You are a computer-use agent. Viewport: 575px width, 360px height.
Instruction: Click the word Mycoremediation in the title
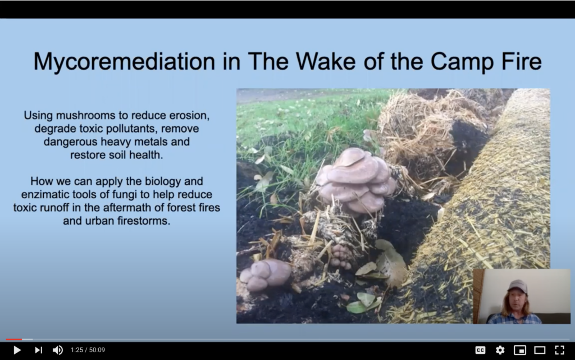[x=124, y=62]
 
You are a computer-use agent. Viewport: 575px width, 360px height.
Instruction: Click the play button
[x=17, y=350]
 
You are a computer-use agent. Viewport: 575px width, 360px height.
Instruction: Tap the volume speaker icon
[x=58, y=350]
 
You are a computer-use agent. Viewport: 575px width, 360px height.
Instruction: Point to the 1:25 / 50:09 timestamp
[x=88, y=350]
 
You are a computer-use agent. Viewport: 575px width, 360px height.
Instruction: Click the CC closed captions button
[x=481, y=350]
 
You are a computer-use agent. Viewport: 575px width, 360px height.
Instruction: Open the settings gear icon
[x=500, y=350]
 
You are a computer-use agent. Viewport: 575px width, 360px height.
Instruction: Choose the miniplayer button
[x=520, y=350]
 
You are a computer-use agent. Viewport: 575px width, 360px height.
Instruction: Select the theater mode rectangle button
[x=540, y=350]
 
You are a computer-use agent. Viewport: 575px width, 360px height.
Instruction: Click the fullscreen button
[x=560, y=350]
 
